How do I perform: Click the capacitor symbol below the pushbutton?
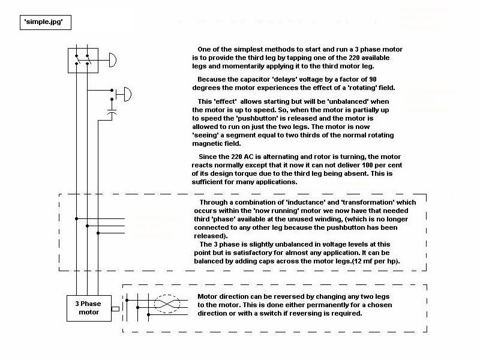pos(112,112)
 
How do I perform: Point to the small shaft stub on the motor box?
pos(116,309)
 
